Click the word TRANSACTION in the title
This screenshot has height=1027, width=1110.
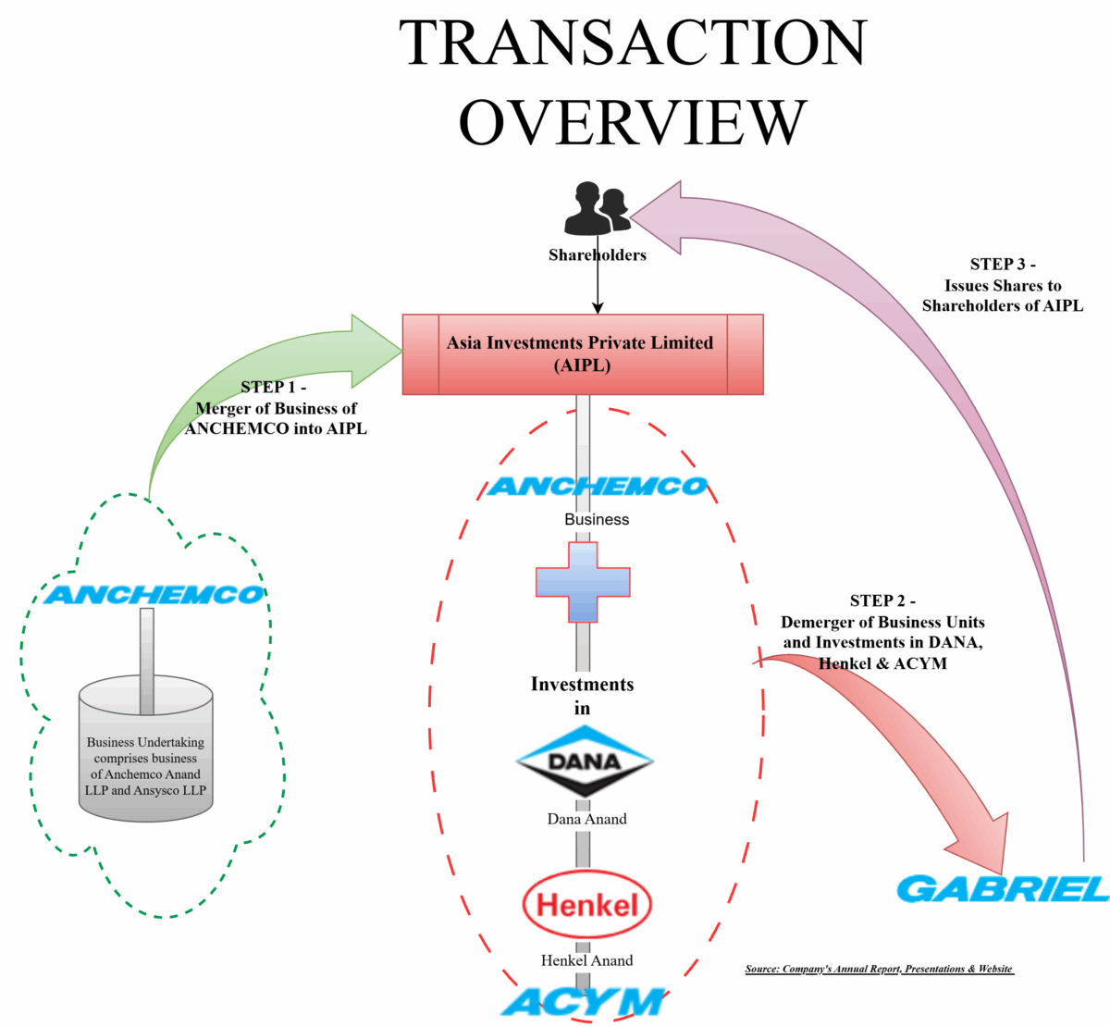tap(633, 43)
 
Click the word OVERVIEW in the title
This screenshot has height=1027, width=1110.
tap(633, 122)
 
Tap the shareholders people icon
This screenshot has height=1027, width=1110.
tap(597, 208)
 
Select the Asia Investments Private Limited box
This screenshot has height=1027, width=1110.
tap(583, 354)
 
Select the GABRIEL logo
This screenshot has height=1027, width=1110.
tap(1003, 889)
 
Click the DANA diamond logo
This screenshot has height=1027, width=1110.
tap(585, 761)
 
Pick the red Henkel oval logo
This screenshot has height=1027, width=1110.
tap(587, 904)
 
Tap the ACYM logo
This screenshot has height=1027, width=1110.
tap(584, 1002)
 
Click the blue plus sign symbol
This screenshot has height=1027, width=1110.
tap(583, 582)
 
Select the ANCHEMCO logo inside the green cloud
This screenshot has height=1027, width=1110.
tap(154, 595)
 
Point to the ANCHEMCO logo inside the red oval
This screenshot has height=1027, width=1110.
tap(597, 487)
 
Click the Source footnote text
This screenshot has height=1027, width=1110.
tap(879, 969)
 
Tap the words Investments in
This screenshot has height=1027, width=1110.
tap(583, 696)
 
